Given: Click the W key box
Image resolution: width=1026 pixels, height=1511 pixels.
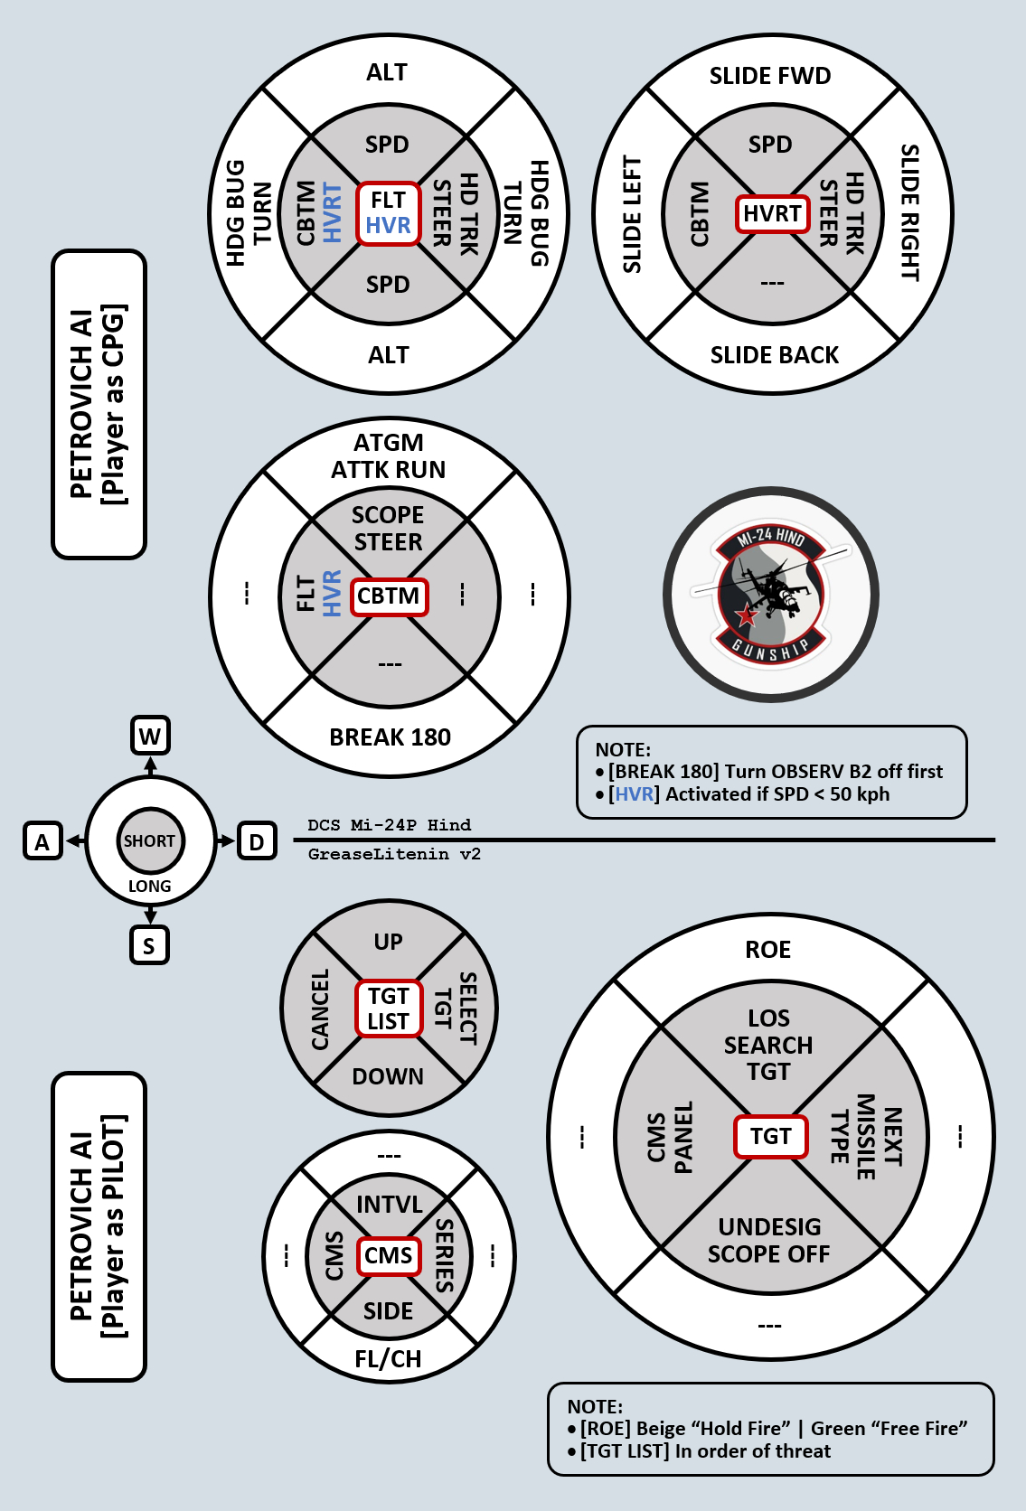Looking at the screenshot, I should click(150, 736).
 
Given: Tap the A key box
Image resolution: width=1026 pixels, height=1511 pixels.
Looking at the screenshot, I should click(42, 841).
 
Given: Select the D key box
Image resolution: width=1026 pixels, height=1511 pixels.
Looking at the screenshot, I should click(257, 841).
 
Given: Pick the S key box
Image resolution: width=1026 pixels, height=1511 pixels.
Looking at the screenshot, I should click(149, 945).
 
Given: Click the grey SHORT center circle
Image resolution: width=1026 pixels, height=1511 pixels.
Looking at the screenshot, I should click(150, 840).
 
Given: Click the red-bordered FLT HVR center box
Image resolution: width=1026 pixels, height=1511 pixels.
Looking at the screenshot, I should click(389, 213).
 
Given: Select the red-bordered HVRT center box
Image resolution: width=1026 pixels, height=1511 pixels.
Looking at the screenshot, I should click(772, 214).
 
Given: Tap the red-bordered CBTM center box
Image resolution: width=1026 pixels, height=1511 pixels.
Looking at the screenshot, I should click(389, 596).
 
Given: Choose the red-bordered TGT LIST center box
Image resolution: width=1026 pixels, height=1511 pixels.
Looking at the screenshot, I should click(389, 1009).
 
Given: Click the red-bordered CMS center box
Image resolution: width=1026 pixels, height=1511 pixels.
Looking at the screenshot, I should click(389, 1255).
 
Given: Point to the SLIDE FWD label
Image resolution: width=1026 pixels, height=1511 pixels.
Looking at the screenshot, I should click(770, 76).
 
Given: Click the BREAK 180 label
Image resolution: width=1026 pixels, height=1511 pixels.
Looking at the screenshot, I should click(390, 737).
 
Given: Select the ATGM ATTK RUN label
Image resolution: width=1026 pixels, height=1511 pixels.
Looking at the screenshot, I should click(389, 456).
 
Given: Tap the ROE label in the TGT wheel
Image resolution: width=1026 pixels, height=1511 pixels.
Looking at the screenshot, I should click(768, 950).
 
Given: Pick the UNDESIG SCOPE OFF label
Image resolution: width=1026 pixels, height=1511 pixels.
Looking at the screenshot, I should click(769, 1240).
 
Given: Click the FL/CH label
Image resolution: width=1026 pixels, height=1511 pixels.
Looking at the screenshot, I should click(389, 1359).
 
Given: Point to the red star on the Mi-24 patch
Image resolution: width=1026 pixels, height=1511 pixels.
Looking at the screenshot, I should click(747, 616).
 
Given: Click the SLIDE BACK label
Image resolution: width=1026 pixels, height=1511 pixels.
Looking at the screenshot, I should click(775, 355).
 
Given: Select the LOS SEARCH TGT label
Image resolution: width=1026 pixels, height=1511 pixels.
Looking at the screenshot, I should click(768, 1045).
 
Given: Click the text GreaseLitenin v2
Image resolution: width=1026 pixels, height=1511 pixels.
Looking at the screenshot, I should click(394, 854).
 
